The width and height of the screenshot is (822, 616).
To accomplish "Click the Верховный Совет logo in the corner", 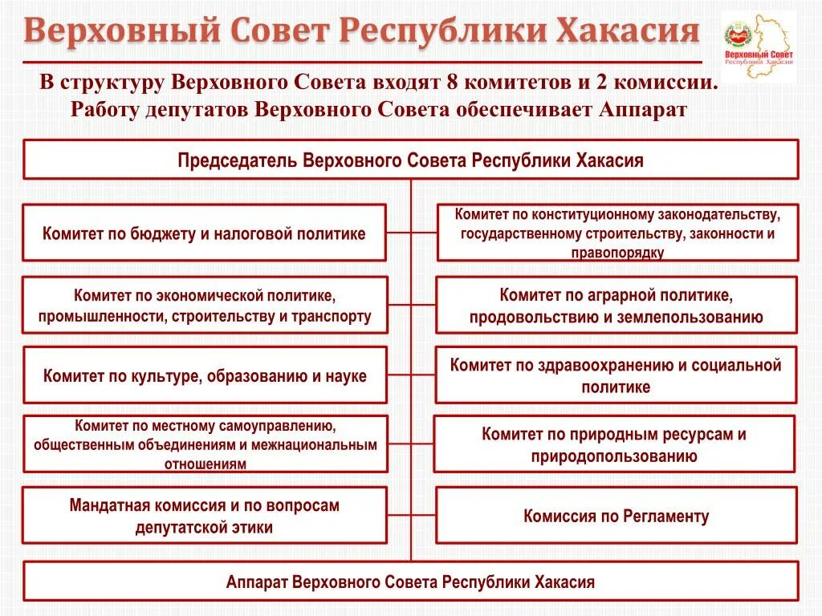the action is click(759, 47).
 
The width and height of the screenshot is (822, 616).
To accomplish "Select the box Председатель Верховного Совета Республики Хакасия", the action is click(411, 160).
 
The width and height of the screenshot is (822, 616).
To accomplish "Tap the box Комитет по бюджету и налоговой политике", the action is click(204, 233).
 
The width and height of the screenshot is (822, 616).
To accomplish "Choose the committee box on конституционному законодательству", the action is click(617, 233).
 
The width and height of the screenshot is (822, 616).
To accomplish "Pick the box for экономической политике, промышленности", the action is click(204, 305).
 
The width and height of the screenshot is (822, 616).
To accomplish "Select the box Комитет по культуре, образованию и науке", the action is click(204, 375).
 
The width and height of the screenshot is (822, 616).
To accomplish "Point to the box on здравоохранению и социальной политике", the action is click(616, 375).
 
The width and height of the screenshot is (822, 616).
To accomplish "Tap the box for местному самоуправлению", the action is click(204, 444).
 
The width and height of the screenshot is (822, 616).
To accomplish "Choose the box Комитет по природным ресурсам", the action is click(614, 445).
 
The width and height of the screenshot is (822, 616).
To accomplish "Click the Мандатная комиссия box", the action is click(204, 516).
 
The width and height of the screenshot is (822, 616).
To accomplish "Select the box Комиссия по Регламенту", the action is click(616, 516).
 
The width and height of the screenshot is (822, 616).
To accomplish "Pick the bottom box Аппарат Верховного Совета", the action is click(411, 582).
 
